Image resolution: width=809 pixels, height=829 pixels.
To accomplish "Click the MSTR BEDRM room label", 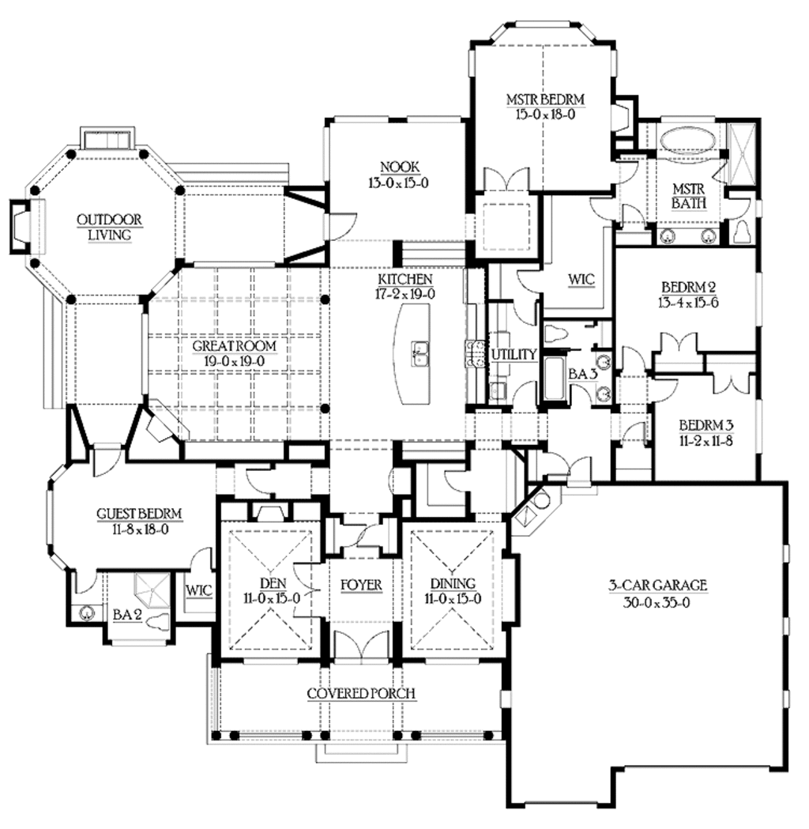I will click(x=545, y=100).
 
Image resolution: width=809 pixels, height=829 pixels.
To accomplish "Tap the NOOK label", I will click(x=399, y=167).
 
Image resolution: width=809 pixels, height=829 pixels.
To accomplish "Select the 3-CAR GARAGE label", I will click(x=657, y=586).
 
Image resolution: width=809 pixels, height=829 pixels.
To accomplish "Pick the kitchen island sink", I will click(x=419, y=353).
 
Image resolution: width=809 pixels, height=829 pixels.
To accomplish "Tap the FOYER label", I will click(x=361, y=585).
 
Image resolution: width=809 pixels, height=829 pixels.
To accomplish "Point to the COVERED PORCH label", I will click(x=361, y=694).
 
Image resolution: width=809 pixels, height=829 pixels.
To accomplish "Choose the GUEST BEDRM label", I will click(x=139, y=514).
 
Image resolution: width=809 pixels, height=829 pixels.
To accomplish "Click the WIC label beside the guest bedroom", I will click(x=198, y=590).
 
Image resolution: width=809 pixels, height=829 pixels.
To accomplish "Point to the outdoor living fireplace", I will click(x=21, y=227).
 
